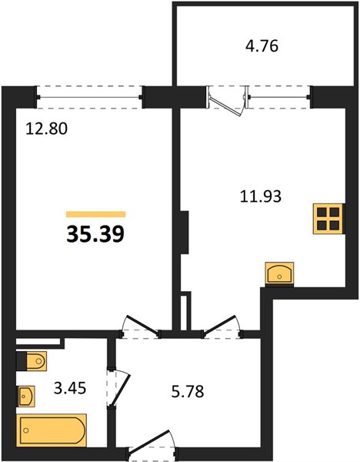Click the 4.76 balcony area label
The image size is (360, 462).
click(262, 46)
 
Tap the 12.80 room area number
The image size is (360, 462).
click(46, 129)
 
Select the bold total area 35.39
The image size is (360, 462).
click(95, 233)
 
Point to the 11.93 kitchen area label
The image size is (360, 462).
click(261, 196)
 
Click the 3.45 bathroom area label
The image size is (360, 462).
click(70, 388)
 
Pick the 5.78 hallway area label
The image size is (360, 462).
click(188, 392)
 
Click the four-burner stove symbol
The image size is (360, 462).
click(328, 219)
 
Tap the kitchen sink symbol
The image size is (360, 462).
click(279, 273)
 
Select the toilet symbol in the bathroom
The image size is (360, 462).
click(32, 360)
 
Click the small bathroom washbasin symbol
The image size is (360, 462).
click(26, 397)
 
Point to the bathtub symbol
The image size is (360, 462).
click(52, 430)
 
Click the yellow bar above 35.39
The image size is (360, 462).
click(95, 214)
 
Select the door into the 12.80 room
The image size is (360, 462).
click(141, 326)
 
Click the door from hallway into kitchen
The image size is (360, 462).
click(222, 326)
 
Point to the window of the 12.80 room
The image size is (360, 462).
click(89, 97)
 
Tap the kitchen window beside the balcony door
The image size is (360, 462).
click(278, 97)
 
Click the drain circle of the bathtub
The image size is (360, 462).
click(26, 430)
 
